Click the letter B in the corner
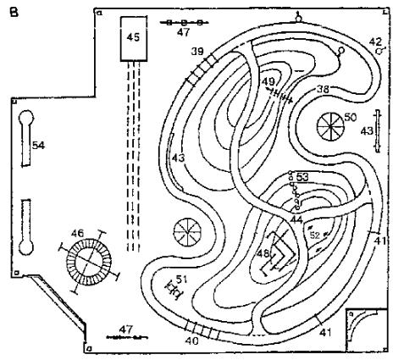tap(14, 12)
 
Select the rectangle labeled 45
tap(134, 39)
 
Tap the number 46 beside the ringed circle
tap(77, 234)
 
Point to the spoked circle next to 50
tap(330, 126)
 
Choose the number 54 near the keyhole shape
tap(38, 146)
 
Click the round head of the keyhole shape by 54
tap(26, 118)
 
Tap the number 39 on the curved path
tap(197, 52)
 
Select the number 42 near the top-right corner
tap(375, 42)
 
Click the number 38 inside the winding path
tap(323, 90)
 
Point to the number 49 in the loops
tap(268, 81)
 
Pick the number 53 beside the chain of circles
tap(302, 177)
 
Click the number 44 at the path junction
tap(296, 219)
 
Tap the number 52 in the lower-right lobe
tap(315, 235)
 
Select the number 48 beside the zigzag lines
tap(263, 253)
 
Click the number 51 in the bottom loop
tap(182, 280)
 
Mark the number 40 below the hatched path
tap(192, 341)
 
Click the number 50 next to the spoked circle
tap(351, 118)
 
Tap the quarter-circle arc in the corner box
tap(364, 324)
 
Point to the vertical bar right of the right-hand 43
tap(378, 131)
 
